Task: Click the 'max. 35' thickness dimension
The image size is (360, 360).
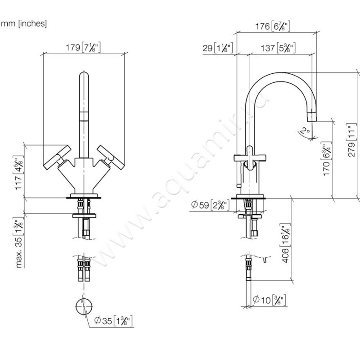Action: [x=18, y=243]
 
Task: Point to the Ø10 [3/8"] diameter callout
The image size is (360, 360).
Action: [x=269, y=299]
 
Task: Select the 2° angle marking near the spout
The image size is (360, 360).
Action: [x=306, y=131]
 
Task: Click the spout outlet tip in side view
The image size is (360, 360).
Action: [x=312, y=116]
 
